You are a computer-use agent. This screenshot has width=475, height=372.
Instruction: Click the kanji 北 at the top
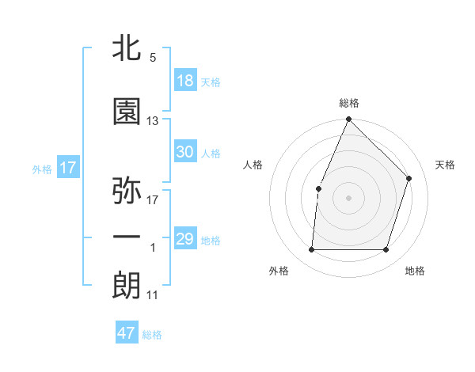point(127,48)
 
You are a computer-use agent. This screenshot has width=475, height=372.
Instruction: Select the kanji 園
point(127,112)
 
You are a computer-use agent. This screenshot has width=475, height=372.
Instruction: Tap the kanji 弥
point(127,191)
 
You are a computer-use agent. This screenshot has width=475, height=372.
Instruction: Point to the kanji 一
point(127,238)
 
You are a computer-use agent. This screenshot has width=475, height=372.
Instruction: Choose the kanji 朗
point(127,286)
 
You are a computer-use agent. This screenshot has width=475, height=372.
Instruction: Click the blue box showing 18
point(185,81)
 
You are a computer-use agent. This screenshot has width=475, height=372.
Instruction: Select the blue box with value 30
point(185,152)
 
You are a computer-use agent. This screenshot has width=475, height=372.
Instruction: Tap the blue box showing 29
point(185,239)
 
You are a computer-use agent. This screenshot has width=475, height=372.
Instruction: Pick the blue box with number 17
point(67,168)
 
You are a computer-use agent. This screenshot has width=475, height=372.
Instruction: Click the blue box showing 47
point(127,333)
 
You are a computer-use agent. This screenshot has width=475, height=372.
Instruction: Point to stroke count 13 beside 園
point(153,121)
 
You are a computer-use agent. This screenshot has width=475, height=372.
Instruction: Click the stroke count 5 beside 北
point(152,58)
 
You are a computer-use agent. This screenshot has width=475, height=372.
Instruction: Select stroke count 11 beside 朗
point(152,295)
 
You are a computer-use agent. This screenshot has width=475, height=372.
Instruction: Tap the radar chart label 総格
point(349,103)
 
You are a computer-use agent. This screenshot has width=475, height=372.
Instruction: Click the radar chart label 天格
point(446,165)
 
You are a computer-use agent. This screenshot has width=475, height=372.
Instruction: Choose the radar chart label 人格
point(253,165)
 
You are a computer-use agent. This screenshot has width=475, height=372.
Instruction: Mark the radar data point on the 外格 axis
point(312,250)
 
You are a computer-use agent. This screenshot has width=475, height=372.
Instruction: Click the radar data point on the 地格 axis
point(386,250)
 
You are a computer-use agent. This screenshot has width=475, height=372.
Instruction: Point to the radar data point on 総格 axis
point(349,120)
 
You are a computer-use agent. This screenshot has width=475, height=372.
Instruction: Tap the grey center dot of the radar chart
point(349,197)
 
